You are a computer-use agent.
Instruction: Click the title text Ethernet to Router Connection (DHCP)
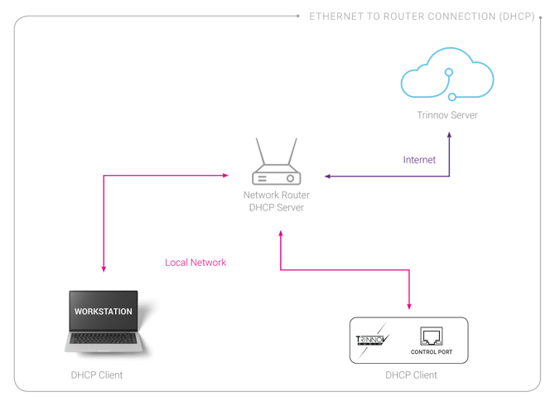(x=421, y=16)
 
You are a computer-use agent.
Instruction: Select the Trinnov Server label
(x=447, y=115)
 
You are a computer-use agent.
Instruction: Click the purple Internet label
(x=420, y=159)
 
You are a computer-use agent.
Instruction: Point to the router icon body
(x=276, y=176)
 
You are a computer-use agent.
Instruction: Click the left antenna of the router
(x=259, y=152)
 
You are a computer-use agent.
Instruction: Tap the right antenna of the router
(x=292, y=152)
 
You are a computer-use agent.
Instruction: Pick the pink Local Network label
(x=195, y=263)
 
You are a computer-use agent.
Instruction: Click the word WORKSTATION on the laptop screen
(x=104, y=311)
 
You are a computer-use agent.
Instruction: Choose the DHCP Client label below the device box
(x=411, y=375)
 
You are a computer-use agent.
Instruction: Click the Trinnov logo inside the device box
(x=372, y=340)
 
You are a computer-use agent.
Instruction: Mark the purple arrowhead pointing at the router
(x=327, y=176)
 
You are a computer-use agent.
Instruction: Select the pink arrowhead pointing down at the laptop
(x=104, y=268)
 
